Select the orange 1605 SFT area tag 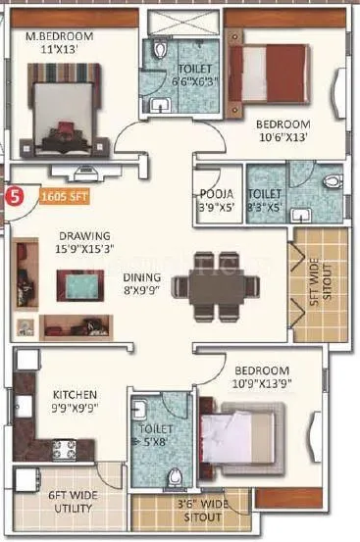pos(62,196)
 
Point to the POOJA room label pos(215,193)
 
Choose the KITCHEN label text pos(71,396)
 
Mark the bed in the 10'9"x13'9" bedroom pos(240,436)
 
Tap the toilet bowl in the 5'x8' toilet pos(175,476)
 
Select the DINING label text pos(143,277)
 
